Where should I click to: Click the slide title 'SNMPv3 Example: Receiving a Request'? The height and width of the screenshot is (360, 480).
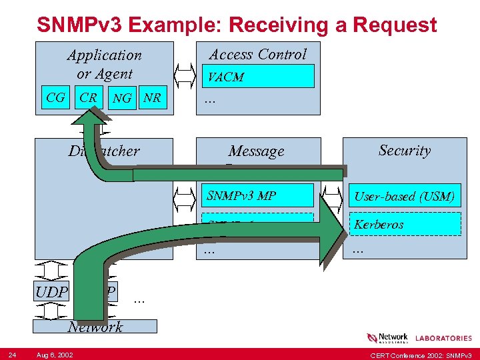tap(237, 25)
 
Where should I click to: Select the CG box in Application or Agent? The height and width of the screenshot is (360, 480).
tap(56, 98)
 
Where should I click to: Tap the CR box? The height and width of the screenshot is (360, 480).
tap(87, 98)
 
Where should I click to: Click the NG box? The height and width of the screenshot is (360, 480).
tap(122, 99)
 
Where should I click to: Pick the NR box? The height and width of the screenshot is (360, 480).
tap(153, 98)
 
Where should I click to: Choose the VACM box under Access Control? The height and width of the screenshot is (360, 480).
tap(257, 77)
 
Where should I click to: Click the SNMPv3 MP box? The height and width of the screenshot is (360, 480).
tap(257, 195)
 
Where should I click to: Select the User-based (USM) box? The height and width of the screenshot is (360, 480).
tap(404, 196)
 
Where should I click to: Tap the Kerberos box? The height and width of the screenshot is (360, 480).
tap(404, 224)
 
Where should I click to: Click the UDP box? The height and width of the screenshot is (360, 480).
tap(52, 292)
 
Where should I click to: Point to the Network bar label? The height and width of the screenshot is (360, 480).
tap(95, 327)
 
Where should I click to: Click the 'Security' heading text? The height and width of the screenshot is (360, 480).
tap(404, 150)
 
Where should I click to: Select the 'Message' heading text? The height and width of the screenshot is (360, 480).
tap(256, 151)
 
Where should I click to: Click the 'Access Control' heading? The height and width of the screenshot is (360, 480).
tap(258, 54)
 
